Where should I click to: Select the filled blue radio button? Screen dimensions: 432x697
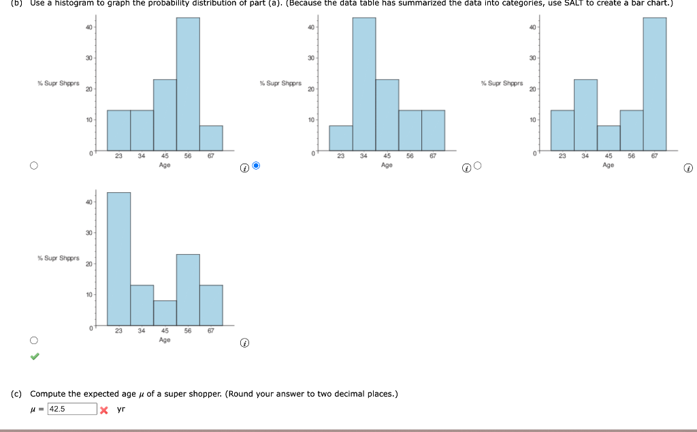[256, 166]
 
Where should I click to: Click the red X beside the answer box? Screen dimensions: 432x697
[103, 410]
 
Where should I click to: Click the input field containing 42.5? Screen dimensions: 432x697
[71, 409]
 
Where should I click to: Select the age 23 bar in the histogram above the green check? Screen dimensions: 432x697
[118, 259]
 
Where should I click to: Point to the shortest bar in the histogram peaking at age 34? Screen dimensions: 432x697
[341, 138]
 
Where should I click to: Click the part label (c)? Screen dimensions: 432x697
[16, 394]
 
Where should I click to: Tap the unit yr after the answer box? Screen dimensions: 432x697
[121, 410]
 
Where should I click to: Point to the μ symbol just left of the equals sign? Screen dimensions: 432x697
[33, 410]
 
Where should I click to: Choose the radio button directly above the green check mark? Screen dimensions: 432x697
[33, 340]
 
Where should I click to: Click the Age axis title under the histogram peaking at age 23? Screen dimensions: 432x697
[165, 339]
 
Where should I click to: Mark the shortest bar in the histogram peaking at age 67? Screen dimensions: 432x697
[609, 138]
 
